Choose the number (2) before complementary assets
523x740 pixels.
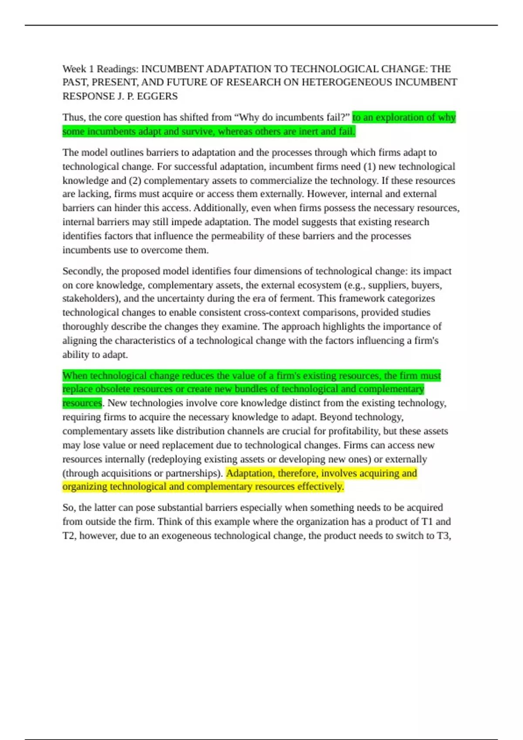pyautogui.click(x=135, y=181)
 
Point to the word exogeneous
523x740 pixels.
pyautogui.click(x=189, y=536)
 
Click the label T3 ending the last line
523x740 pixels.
pyautogui.click(x=444, y=536)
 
